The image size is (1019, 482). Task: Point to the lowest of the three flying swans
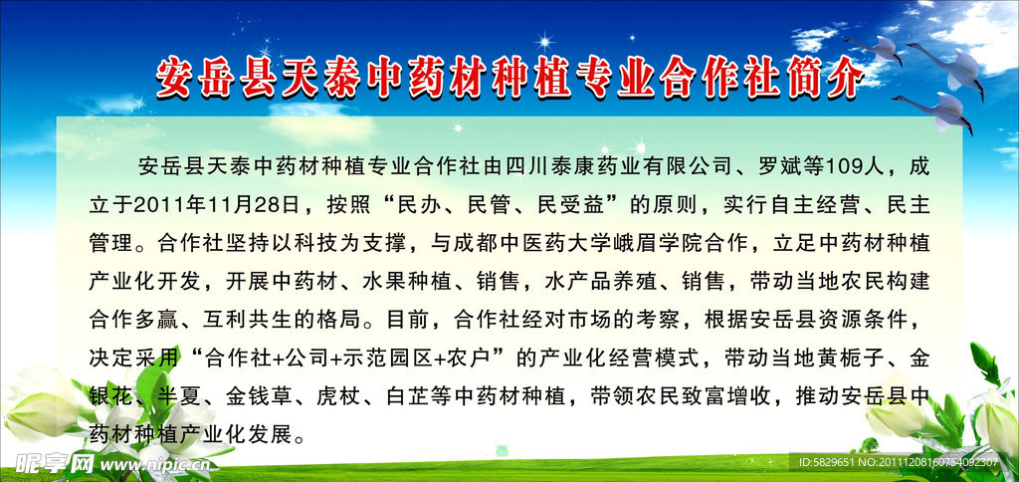click(x=937, y=111)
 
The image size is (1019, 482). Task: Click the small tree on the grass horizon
click(x=868, y=446)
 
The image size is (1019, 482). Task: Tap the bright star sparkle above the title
click(x=543, y=42)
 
